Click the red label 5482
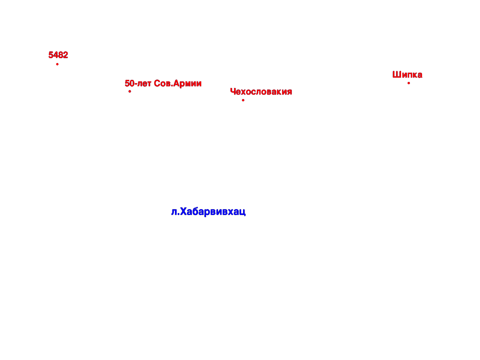(58, 55)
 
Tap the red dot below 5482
(57, 64)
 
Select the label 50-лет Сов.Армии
(163, 83)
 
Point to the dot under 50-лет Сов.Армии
(130, 91)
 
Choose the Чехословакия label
(261, 91)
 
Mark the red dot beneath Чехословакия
(243, 100)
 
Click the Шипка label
(407, 74)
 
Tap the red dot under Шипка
(409, 83)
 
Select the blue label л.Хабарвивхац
(208, 212)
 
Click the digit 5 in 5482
(51, 55)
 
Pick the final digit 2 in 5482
(66, 55)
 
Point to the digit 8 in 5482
(61, 55)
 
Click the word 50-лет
(138, 83)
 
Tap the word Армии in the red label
(187, 84)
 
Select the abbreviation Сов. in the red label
(163, 83)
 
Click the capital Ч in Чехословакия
(233, 91)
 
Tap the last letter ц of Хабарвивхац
(243, 212)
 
